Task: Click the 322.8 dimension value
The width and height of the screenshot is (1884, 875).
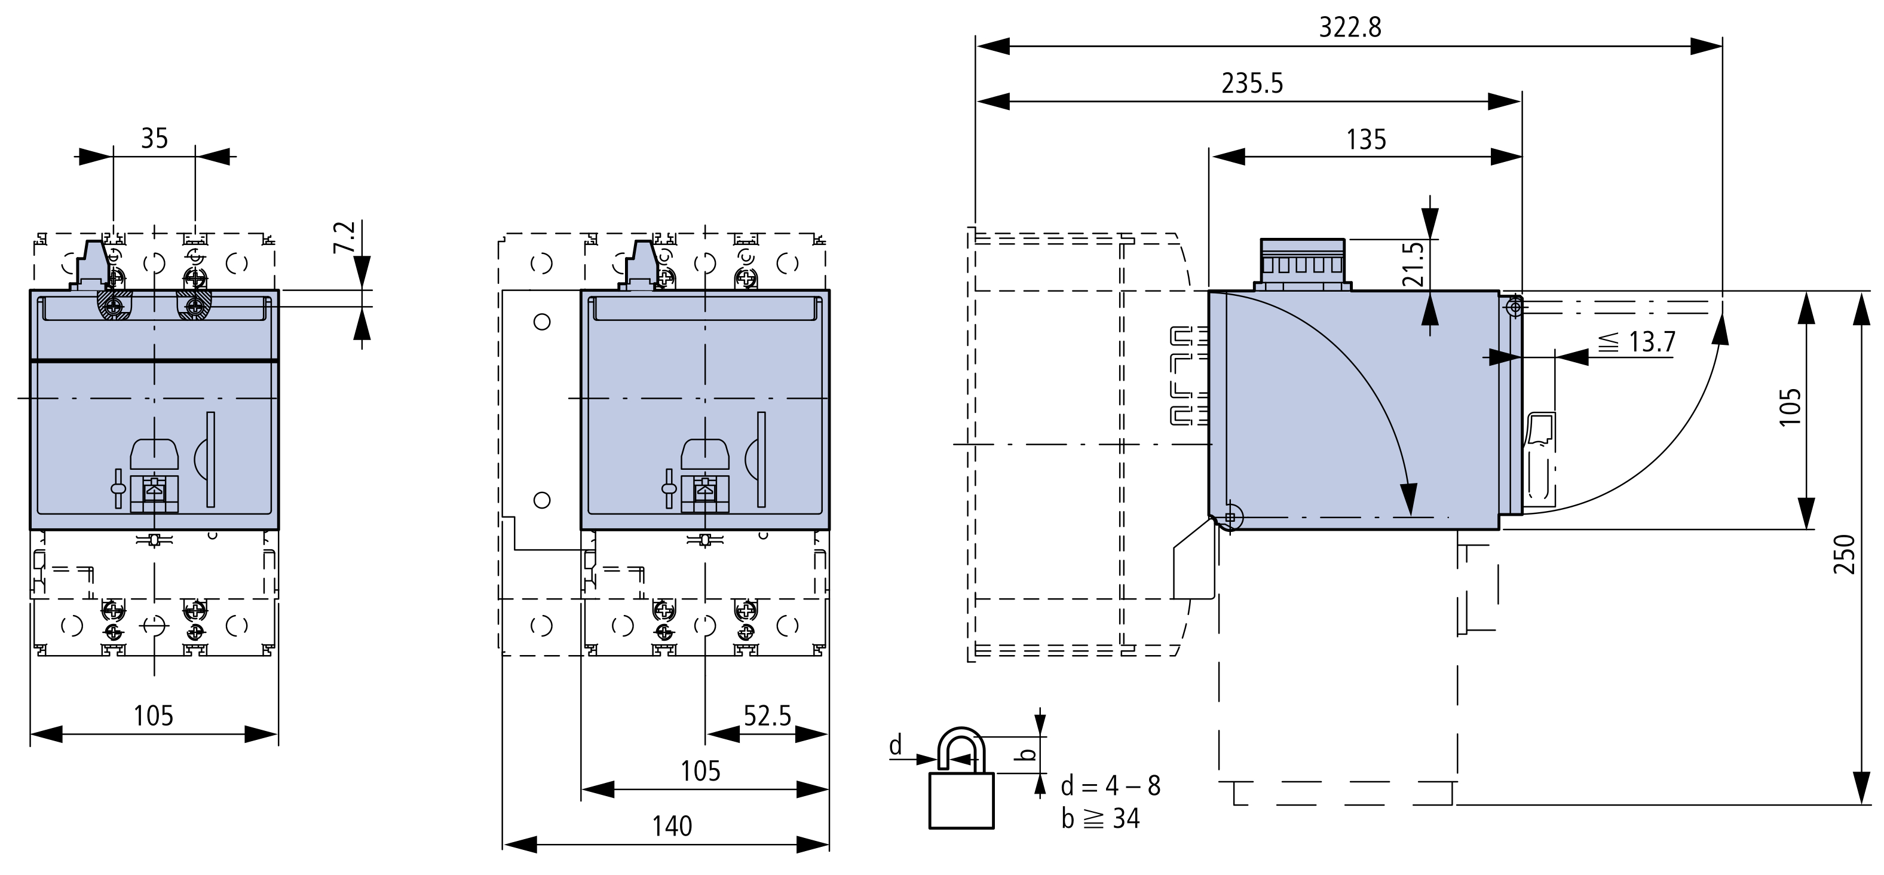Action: click(x=1350, y=27)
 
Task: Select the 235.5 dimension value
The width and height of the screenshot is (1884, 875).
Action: click(x=1252, y=84)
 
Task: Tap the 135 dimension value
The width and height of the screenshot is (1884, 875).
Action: click(x=1366, y=139)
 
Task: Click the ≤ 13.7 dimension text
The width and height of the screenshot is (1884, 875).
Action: click(x=1636, y=342)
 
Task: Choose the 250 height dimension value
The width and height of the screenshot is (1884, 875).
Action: click(x=1845, y=554)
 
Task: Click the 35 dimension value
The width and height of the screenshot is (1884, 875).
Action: click(x=154, y=138)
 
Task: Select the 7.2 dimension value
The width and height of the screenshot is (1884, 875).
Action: click(x=344, y=237)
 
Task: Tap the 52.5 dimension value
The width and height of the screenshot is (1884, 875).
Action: click(x=767, y=715)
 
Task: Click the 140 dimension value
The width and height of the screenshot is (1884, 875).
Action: click(x=672, y=826)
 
